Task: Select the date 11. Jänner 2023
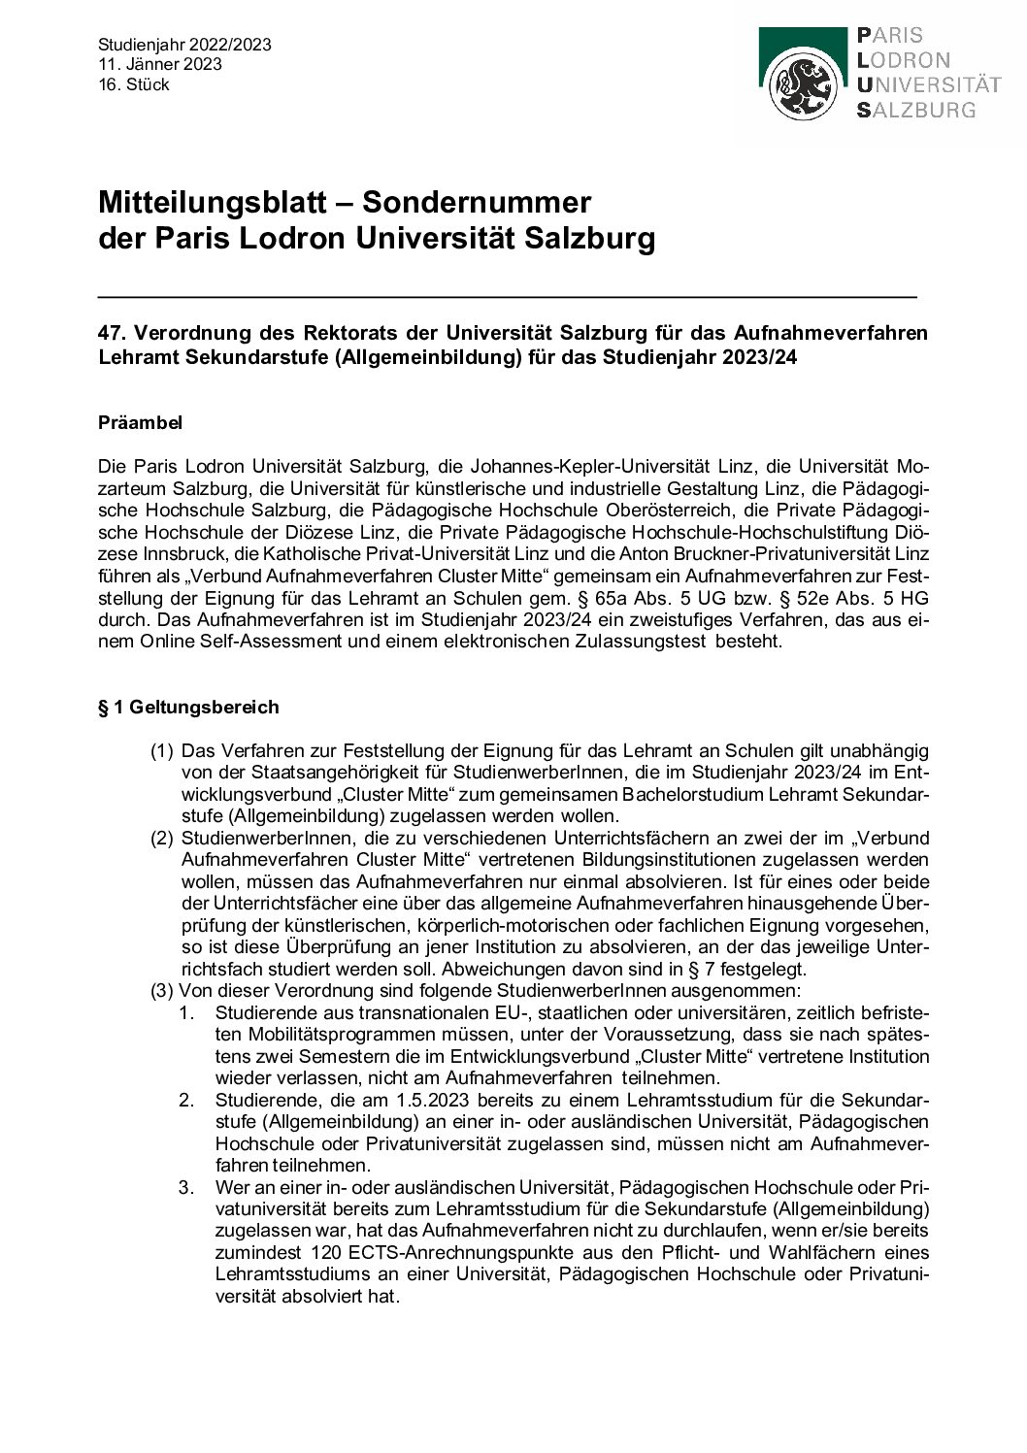click(x=160, y=64)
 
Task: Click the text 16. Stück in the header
click(x=134, y=84)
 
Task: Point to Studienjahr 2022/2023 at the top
click(x=184, y=45)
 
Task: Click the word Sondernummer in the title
click(x=476, y=203)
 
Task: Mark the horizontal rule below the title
click(x=507, y=294)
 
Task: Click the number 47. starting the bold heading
click(x=113, y=333)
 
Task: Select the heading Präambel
click(x=141, y=423)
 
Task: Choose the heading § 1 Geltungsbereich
click(x=188, y=707)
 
